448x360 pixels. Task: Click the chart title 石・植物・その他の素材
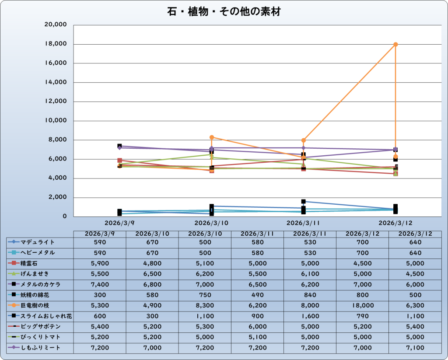[x=224, y=12]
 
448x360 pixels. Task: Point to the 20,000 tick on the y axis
[x=56, y=25]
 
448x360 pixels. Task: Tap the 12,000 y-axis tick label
[x=56, y=101]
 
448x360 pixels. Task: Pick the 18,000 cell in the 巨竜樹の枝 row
[x=362, y=305]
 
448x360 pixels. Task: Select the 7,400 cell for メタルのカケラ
[x=99, y=284]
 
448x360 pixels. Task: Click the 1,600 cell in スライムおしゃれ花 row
[x=310, y=316]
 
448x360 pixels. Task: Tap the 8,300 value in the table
[x=205, y=305]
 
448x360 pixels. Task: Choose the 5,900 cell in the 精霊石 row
[x=99, y=263]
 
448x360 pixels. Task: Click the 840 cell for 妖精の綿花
[x=310, y=295]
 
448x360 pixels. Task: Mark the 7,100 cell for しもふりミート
[x=415, y=348]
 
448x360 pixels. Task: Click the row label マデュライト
[x=38, y=242]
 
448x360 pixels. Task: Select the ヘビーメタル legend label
[x=38, y=252]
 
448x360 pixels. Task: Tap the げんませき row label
[x=36, y=274]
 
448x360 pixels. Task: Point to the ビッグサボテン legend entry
[x=40, y=327]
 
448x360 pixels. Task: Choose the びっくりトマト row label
[x=40, y=337]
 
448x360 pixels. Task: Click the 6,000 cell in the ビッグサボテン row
[x=257, y=327]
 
